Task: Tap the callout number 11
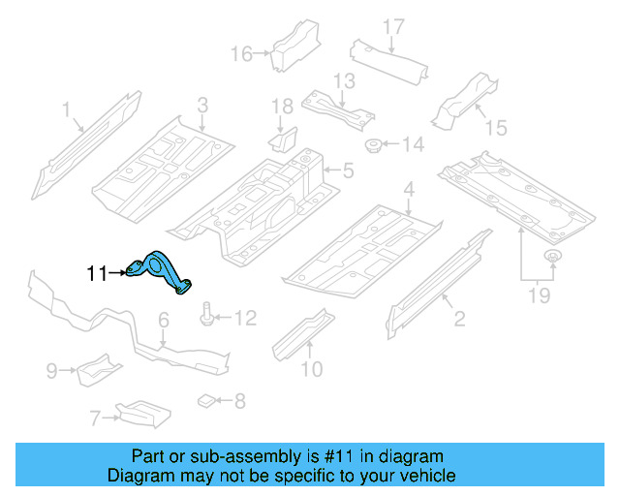tap(97, 274)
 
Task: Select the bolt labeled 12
tap(206, 315)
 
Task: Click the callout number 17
tap(392, 25)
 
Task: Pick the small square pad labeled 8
tap(205, 399)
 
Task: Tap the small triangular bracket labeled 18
tap(282, 139)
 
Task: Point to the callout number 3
tap(202, 105)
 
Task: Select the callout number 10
tap(311, 368)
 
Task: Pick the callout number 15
tap(497, 127)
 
